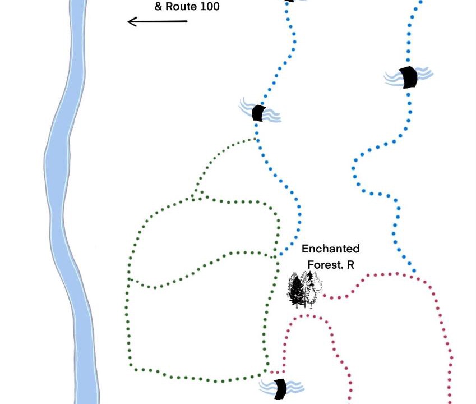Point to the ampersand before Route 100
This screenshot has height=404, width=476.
(158, 7)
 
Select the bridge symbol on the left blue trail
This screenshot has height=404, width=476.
(258, 113)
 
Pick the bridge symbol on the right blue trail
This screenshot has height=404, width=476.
(409, 77)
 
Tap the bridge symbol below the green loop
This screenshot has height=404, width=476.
(280, 388)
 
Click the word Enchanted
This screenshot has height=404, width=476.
(331, 249)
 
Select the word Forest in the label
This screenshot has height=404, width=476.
(324, 264)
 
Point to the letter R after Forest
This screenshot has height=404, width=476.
(350, 264)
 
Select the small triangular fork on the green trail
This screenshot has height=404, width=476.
(198, 195)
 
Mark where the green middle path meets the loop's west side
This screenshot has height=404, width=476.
(128, 278)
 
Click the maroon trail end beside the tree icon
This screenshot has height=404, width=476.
(324, 297)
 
